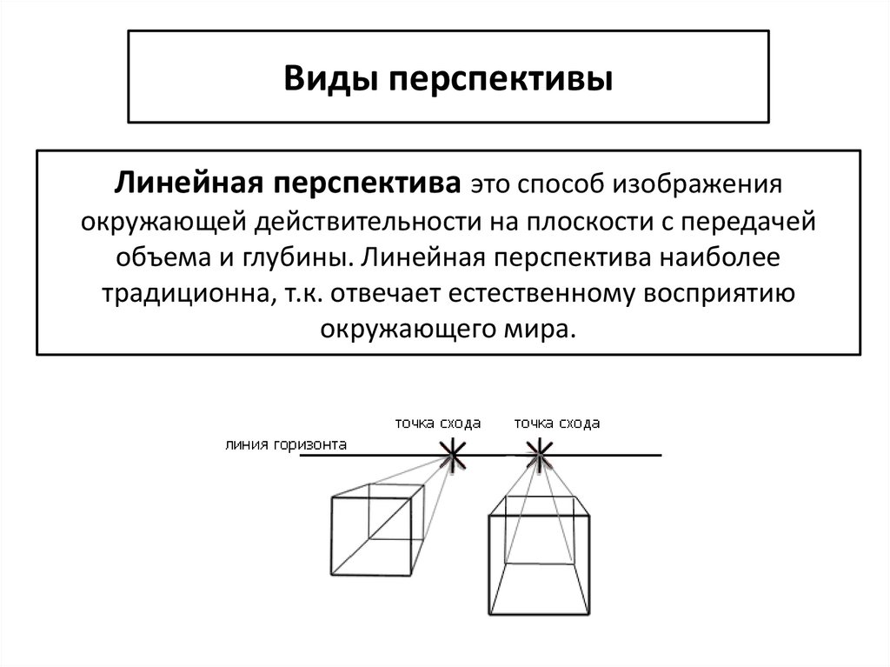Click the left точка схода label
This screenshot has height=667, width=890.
[x=437, y=424]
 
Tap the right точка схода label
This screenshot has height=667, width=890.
[x=557, y=424]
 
